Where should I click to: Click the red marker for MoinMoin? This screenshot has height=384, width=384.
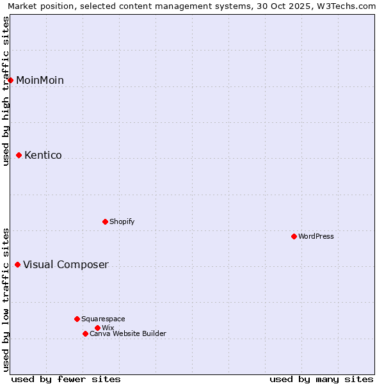[11, 80]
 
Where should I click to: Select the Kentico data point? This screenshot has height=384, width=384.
[19, 155]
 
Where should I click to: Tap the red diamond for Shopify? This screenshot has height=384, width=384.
[106, 221]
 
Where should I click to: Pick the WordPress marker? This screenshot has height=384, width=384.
[294, 236]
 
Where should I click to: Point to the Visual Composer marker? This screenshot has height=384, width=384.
[18, 264]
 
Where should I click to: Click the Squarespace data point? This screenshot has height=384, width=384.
[77, 319]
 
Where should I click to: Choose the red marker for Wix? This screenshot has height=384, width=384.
[97, 328]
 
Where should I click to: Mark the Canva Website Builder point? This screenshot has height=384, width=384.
[85, 333]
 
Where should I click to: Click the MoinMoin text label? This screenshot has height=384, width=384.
[40, 80]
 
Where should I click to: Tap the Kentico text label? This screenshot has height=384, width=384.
[43, 155]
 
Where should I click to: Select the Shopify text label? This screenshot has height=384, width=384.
[122, 221]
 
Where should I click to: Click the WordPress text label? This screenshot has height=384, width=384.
[316, 236]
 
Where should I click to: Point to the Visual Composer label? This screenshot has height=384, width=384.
[66, 264]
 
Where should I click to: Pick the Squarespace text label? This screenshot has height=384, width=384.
[103, 319]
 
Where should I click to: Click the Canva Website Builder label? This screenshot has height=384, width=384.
[128, 333]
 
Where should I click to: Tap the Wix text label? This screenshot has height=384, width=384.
[108, 328]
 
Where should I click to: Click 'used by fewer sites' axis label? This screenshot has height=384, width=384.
[66, 379]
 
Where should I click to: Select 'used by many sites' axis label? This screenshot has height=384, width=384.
[321, 379]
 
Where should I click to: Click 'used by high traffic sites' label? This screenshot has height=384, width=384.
[6, 92]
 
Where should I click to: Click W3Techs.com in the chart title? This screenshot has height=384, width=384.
[348, 6]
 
